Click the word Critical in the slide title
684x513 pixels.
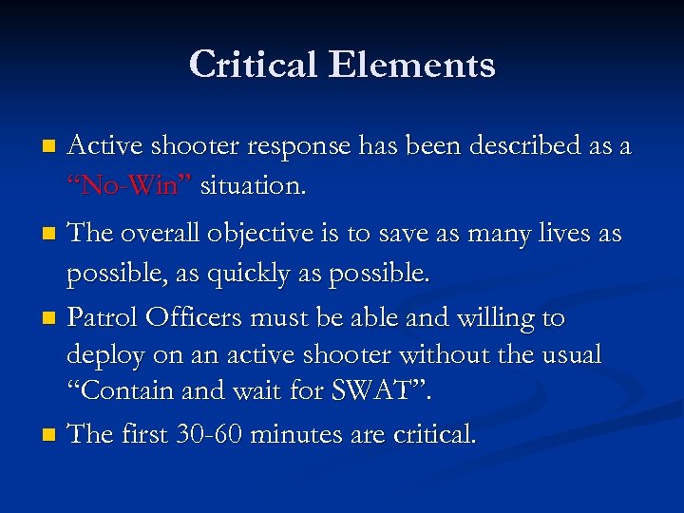pyautogui.click(x=253, y=65)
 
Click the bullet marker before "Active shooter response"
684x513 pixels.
pyautogui.click(x=49, y=147)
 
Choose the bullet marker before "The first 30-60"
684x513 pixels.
pyautogui.click(x=49, y=435)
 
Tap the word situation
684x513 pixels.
pyautogui.click(x=253, y=185)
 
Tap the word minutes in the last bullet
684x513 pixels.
pyautogui.click(x=309, y=434)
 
